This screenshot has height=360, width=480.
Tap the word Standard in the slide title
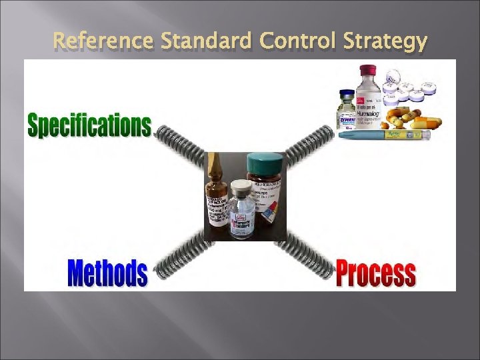207,41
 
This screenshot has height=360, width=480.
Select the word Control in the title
299,41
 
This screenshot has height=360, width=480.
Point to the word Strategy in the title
386,42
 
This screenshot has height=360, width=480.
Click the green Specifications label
89,125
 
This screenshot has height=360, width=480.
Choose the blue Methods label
107,272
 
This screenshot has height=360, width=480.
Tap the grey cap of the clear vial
241,186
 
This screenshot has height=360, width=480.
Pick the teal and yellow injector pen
384,135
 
